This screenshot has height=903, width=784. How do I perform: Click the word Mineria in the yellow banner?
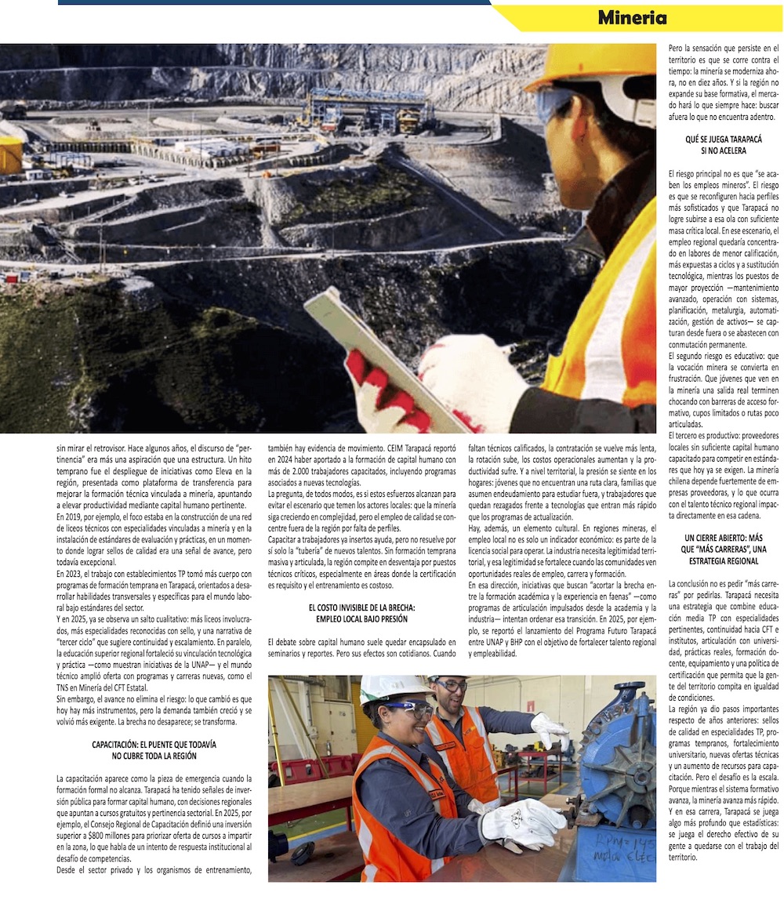632,17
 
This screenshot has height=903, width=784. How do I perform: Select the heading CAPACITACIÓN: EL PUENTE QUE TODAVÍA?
154,750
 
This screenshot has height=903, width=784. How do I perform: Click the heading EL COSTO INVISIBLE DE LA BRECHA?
361,613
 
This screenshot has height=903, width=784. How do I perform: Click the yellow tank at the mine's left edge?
10,155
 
